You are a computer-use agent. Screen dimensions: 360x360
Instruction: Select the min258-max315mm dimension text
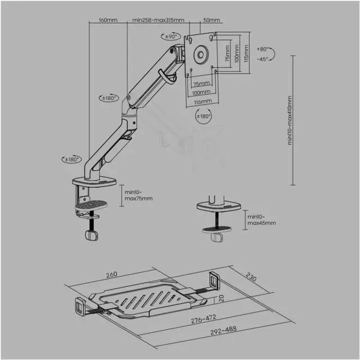tap(158, 20)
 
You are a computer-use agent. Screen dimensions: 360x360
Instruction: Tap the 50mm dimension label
tap(211, 20)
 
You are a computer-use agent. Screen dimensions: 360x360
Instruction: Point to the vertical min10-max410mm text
tap(291, 121)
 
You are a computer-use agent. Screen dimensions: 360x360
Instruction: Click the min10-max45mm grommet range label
tap(261, 220)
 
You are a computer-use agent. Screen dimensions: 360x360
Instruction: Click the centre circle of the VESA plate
tap(200, 56)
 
